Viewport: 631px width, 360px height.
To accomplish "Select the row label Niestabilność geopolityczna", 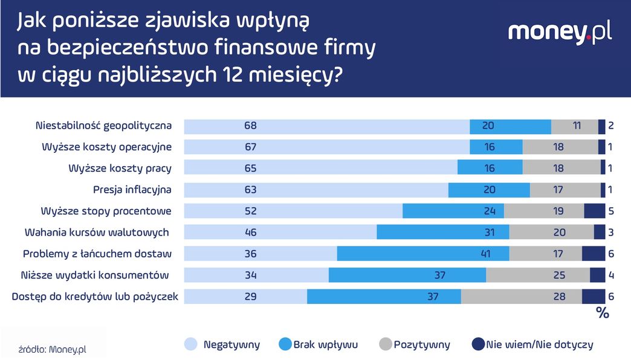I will (103, 126).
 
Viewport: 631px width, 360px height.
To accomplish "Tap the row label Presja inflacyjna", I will (132, 190).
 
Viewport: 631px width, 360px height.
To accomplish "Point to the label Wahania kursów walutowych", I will (97, 232).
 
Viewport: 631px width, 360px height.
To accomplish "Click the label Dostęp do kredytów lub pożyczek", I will (95, 297).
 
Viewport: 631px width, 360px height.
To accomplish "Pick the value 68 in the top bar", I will (250, 126).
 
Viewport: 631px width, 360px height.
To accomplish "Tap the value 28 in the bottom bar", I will (559, 297).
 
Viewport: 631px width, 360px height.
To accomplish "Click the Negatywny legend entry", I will (222, 345).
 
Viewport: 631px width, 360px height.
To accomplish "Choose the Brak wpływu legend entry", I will (317, 345).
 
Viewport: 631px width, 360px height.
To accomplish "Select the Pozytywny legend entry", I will (414, 345).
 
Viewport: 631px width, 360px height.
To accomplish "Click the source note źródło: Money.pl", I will (53, 349).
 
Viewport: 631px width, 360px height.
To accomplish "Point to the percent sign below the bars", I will (602, 313).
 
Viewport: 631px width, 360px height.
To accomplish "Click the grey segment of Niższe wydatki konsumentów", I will (537, 275).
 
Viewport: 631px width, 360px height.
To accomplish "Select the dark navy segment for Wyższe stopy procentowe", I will (595, 211).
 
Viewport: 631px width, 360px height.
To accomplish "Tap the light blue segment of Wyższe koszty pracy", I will (320, 169).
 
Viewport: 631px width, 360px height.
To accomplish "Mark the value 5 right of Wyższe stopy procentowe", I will (611, 211).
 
